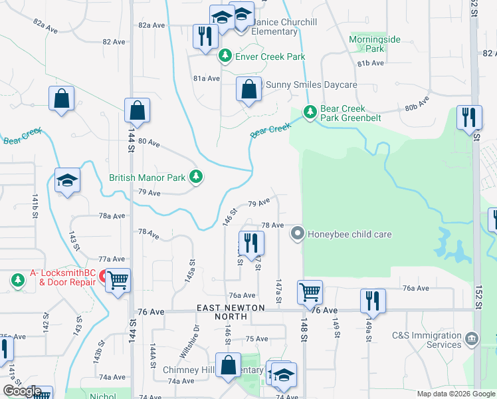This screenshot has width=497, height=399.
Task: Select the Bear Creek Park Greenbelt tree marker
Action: [309, 112]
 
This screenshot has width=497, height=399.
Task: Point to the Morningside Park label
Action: [375, 44]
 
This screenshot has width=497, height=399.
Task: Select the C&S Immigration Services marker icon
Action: [472, 339]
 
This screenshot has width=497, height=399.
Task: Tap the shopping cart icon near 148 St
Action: [310, 291]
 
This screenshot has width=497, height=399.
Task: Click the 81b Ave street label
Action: [371, 63]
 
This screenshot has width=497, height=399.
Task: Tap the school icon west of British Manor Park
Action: [67, 180]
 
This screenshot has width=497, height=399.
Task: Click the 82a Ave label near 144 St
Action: [151, 25]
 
